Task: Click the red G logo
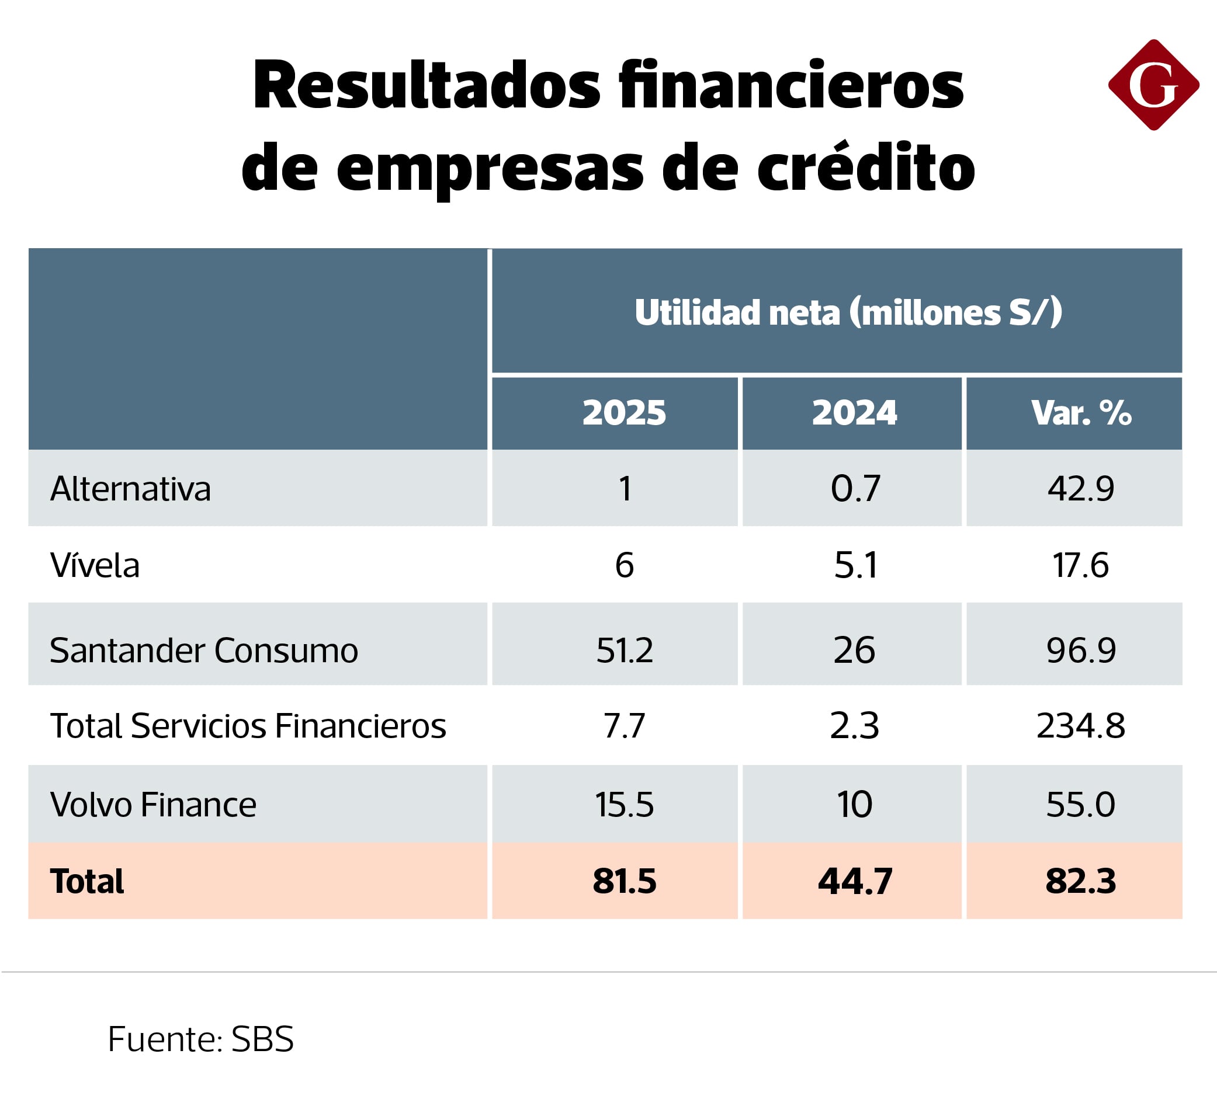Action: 1153,85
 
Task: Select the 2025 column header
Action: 624,413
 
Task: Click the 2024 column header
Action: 854,413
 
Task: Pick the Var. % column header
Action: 1080,413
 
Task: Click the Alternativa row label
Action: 130,489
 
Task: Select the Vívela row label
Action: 95,565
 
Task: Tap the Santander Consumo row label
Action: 203,651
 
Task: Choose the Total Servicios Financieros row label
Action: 248,725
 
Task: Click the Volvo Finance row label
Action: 153,804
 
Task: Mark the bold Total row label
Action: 87,881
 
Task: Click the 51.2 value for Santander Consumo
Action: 624,651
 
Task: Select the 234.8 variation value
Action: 1080,725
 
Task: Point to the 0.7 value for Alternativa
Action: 855,489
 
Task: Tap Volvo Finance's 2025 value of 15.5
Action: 624,804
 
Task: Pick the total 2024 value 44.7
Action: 855,881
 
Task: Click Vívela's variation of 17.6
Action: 1080,565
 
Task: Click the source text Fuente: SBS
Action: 200,1039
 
